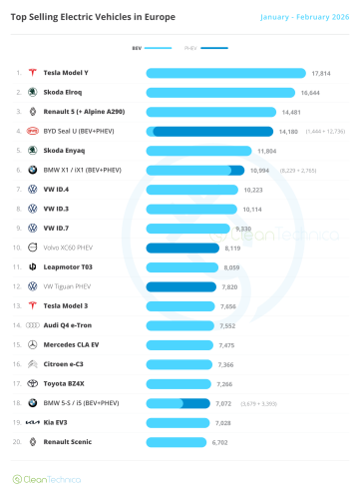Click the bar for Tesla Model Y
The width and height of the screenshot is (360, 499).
[x=225, y=73]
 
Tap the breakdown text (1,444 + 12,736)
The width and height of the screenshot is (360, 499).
[x=324, y=131]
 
